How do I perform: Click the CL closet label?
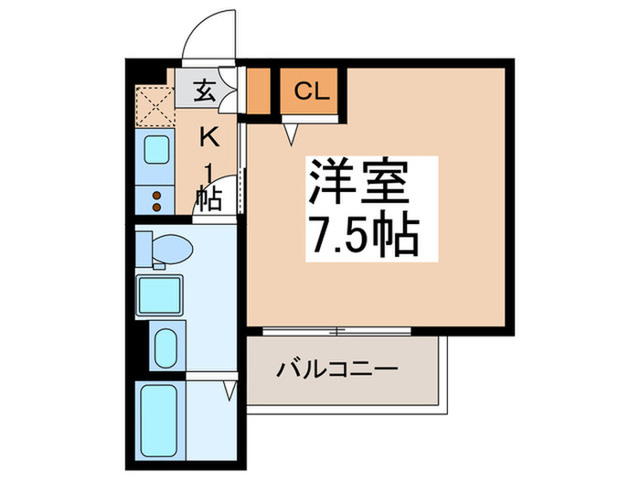click(x=311, y=91)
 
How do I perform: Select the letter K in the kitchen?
click(x=208, y=137)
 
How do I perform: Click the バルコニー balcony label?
click(x=337, y=371)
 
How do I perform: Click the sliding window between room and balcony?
click(x=338, y=330)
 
